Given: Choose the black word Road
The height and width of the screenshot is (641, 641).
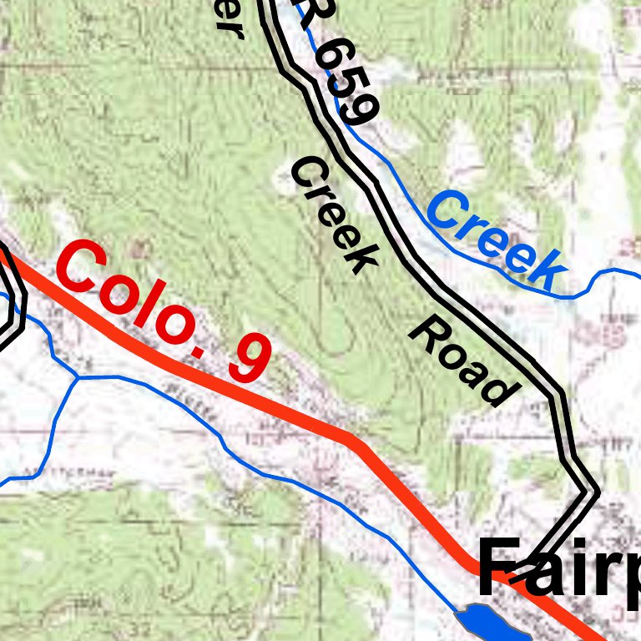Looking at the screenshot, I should coord(460,361).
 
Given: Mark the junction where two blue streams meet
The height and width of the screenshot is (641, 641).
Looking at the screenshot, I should coord(78,377).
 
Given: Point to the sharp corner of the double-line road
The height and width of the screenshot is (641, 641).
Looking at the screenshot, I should coord(594,492).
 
